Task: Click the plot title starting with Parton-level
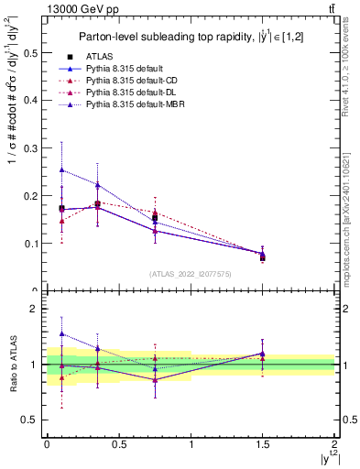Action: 191,36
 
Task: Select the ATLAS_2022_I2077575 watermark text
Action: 191,274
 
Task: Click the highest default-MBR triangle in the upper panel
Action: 61,169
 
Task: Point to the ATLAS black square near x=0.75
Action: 155,217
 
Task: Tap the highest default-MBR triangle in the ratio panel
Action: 61,333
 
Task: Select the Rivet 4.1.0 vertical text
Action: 352,73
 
